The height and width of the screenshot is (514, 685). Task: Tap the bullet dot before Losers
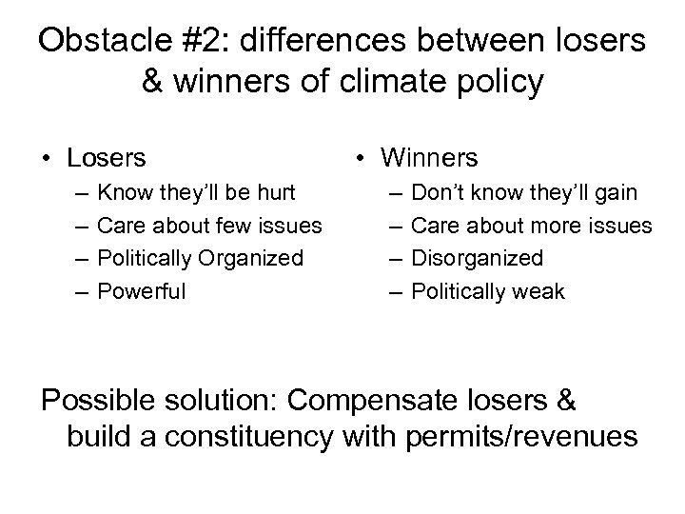click(x=45, y=157)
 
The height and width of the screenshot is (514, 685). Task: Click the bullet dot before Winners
click(x=365, y=157)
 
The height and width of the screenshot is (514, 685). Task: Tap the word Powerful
click(x=143, y=290)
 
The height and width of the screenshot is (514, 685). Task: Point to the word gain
click(x=616, y=192)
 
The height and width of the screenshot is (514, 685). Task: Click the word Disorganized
click(x=479, y=258)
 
